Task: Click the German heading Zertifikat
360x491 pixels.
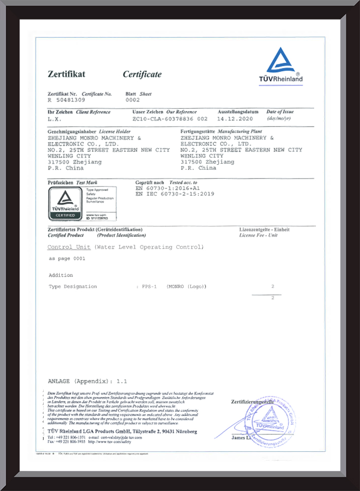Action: (66, 74)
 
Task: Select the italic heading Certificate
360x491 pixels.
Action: (142, 74)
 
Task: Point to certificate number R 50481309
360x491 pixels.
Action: (66, 100)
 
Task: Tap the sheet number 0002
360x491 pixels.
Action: (133, 100)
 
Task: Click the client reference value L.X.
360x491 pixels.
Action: (54, 118)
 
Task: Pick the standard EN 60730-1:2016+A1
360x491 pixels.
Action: (168, 188)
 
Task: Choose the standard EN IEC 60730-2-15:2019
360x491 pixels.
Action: (175, 194)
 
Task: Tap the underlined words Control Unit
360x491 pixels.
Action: (69, 247)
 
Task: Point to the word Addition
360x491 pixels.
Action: (61, 275)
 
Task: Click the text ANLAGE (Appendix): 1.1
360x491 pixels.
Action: (87, 381)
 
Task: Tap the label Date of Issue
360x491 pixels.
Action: (280, 112)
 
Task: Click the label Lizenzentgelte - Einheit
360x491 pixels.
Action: (264, 229)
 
